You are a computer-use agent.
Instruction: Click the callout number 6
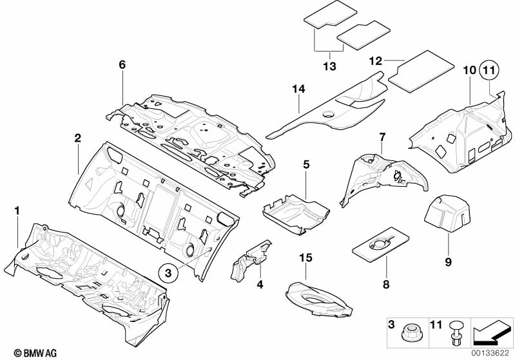[x=122, y=65]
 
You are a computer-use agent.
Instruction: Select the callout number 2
[x=77, y=138]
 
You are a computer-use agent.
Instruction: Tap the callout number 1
[x=17, y=211]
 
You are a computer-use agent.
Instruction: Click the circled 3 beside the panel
[x=166, y=273]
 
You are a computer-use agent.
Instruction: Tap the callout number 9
[x=448, y=261]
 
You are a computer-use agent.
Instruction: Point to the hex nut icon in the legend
[x=409, y=334]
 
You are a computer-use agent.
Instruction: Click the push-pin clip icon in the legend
[x=456, y=333]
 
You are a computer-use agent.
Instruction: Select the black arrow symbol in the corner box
[x=492, y=334]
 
